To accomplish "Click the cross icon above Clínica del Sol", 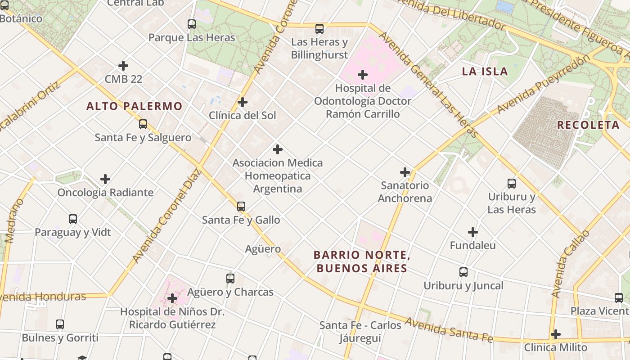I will tap(243, 102).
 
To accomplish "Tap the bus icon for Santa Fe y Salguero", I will tap(143, 124).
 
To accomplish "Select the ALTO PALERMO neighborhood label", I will tap(134, 107).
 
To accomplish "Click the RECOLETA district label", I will tap(588, 125).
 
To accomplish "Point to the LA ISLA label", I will tap(485, 72).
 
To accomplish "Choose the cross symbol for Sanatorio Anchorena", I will tap(405, 172).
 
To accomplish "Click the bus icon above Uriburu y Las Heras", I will tap(512, 184).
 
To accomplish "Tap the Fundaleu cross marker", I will tap(472, 232).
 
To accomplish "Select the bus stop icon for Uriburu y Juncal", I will tap(463, 272).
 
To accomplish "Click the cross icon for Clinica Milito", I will tap(556, 334).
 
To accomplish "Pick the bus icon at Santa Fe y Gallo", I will tap(241, 207).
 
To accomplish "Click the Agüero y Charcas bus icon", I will tap(230, 279).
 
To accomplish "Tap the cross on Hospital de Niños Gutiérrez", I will tap(172, 298).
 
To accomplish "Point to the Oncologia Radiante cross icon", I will tap(105, 179).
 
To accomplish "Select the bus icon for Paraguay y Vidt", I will tap(73, 219).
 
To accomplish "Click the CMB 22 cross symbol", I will tap(123, 66).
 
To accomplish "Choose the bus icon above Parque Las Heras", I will tap(192, 24).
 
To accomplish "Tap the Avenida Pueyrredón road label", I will tap(543, 85).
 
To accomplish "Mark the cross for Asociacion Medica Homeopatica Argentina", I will tap(278, 149).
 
